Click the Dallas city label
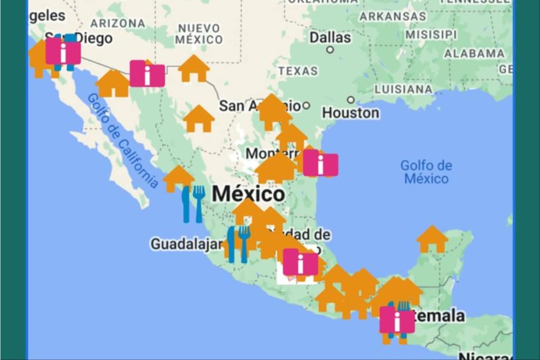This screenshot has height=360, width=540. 330,37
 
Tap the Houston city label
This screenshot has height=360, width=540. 350,113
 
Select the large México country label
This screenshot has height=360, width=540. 248,194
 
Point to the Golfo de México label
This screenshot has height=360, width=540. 426,172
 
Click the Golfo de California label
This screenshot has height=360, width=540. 122,140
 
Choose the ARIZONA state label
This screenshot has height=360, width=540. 117,23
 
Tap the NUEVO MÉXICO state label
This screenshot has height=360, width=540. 199,34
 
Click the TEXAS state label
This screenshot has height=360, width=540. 297,71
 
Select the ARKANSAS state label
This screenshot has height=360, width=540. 392,16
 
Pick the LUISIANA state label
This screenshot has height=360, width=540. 404,89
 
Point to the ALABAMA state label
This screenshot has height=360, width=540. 474,54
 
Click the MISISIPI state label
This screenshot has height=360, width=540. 431,35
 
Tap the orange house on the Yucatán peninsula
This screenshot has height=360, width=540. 432,239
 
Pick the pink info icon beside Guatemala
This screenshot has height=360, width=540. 397,320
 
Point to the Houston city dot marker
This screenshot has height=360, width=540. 351,100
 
